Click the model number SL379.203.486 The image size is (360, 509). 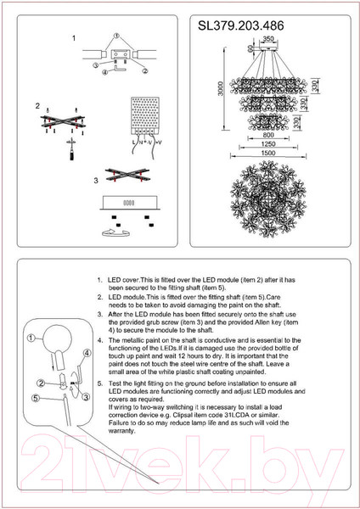pyautogui.click(x=241, y=26)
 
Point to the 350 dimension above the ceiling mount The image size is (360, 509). pyautogui.click(x=268, y=39)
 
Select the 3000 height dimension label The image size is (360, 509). pyautogui.click(x=221, y=88)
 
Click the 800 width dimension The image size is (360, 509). pyautogui.click(x=268, y=135)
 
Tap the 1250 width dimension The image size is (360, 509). pyautogui.click(x=268, y=144)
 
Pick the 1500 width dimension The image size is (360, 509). pyautogui.click(x=268, y=153)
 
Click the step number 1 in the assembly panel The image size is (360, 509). pyautogui.click(x=74, y=38)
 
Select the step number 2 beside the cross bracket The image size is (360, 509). pyautogui.click(x=37, y=106)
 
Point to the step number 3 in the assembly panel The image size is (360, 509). pyautogui.click(x=96, y=181)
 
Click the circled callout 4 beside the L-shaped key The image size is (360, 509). pyautogui.click(x=104, y=73)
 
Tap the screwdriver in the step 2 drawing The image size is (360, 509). pyautogui.click(x=71, y=149)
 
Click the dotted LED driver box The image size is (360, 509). pyautogui.click(x=144, y=115)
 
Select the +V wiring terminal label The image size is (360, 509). pyautogui.click(x=159, y=143)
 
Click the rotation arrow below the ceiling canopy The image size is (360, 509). pyautogui.click(x=116, y=232)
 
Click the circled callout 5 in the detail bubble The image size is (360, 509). pyautogui.click(x=36, y=398)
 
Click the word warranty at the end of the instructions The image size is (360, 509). pyautogui.click(x=121, y=431)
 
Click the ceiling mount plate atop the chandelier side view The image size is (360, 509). pyautogui.click(x=268, y=48)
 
